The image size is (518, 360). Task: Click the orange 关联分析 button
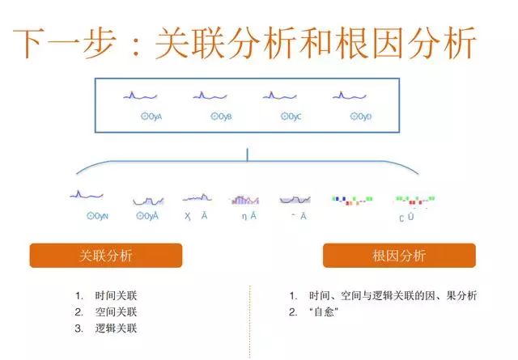[x=106, y=256]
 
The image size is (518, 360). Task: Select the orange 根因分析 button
[x=399, y=256]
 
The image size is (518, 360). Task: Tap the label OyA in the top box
[x=151, y=116]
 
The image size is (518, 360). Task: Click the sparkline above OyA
[x=135, y=96]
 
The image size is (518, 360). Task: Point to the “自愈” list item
[x=326, y=312]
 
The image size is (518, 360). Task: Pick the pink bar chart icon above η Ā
[x=244, y=198]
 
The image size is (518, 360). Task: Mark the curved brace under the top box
[x=248, y=163]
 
